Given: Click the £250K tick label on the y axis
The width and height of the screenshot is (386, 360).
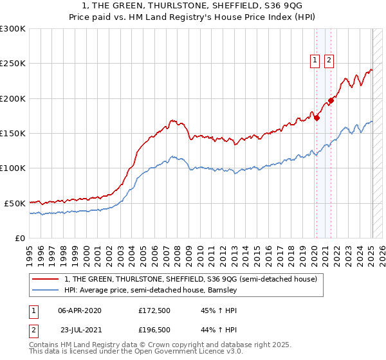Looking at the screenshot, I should pos(13,64).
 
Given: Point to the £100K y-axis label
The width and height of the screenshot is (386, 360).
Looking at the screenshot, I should pos(13,168).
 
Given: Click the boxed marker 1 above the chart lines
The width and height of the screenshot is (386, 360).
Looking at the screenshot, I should pos(315,60).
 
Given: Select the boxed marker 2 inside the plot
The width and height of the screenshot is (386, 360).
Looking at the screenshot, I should pos(329,60).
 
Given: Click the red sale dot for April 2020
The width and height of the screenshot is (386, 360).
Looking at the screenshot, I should pos(317,118).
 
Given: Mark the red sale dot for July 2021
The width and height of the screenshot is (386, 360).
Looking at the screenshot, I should pos(331,100).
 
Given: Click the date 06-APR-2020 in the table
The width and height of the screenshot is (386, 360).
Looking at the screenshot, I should pos(79,310).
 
